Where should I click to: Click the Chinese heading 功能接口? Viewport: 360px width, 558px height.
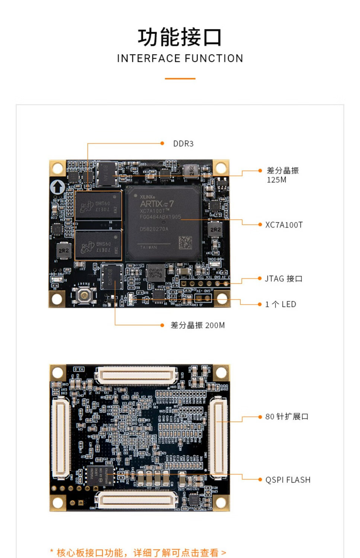(180, 37)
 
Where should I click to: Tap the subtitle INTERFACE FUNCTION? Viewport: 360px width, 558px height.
(180, 58)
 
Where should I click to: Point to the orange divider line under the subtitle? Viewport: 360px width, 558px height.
(180, 78)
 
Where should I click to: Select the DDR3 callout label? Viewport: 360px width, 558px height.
(183, 144)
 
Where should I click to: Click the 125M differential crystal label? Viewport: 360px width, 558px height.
(282, 175)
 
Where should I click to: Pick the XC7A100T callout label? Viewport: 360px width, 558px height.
(284, 225)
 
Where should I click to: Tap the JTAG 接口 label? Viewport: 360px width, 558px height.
(283, 279)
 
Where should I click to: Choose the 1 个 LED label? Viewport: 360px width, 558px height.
(280, 304)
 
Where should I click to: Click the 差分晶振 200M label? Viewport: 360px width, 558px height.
(197, 325)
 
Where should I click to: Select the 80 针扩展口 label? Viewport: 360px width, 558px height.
(287, 417)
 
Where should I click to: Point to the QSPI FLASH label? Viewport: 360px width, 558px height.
(287, 480)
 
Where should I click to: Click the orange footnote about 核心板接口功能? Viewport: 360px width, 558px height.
(138, 552)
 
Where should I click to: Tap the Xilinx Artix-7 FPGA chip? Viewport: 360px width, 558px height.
(164, 223)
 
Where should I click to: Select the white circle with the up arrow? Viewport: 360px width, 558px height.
(58, 187)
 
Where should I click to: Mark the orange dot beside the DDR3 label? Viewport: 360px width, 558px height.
(162, 143)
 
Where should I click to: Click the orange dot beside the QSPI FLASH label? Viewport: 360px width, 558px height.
(260, 480)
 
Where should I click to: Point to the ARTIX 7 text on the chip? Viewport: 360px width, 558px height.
(157, 204)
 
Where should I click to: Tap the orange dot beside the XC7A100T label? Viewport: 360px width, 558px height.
(260, 224)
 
